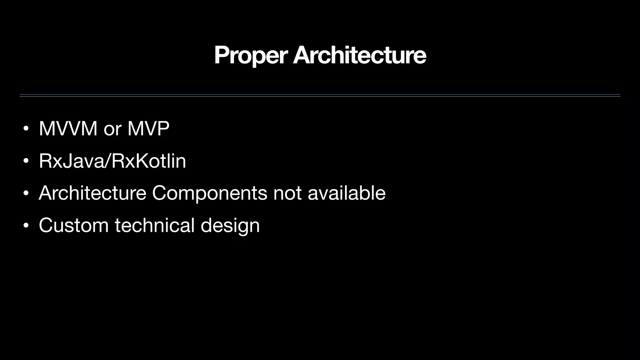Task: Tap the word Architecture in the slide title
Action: [x=359, y=55]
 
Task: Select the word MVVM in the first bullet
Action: [x=68, y=128]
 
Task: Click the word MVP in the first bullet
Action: [x=148, y=128]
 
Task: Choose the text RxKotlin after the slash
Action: [x=149, y=161]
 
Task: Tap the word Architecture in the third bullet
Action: [x=92, y=193]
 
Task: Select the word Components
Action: [x=209, y=193]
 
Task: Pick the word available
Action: [x=347, y=193]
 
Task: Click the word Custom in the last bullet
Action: [x=74, y=225]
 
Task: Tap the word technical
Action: [x=155, y=225]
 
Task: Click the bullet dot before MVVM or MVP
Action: [x=26, y=129]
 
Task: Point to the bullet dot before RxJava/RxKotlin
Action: [x=26, y=161]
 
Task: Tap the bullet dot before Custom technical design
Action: [x=26, y=226]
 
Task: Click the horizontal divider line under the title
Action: [x=320, y=96]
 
